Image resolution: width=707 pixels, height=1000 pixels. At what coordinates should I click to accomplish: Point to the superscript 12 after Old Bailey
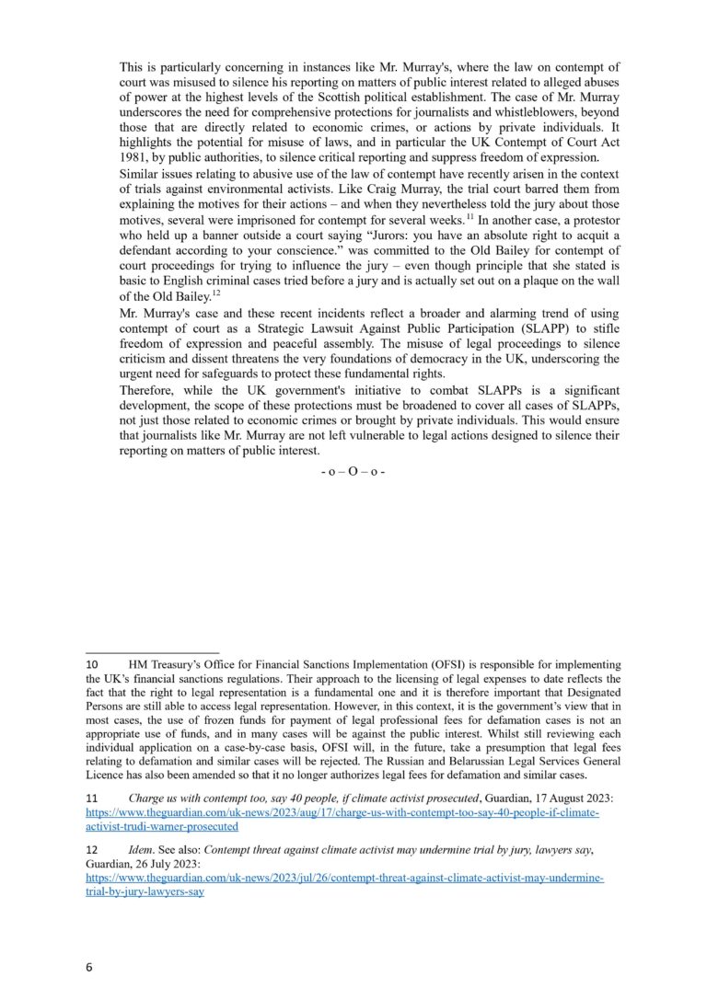point(217,293)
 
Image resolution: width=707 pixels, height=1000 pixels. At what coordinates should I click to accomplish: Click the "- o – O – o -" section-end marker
point(353,471)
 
